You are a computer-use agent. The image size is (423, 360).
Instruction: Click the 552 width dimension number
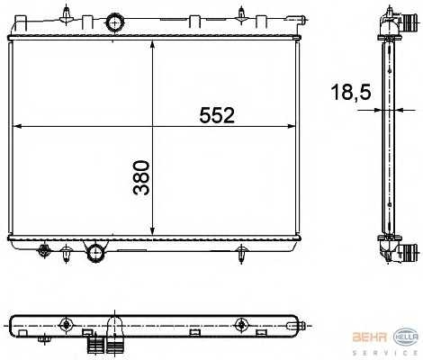tap(217, 115)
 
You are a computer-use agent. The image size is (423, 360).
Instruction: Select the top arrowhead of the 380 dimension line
tap(155, 43)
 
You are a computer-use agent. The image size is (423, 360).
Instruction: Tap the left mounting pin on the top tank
tap(67, 15)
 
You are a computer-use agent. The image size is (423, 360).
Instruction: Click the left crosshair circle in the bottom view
tap(66, 325)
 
